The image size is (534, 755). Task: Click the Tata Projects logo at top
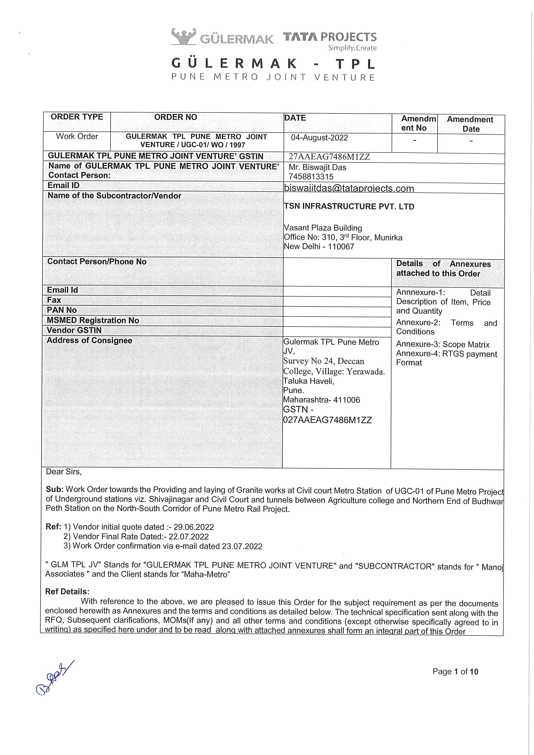(330, 40)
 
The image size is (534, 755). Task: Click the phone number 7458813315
(311, 177)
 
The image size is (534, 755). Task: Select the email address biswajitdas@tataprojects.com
(349, 188)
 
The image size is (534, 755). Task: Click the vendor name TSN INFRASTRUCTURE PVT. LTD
(349, 207)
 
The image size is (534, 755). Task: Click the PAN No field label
(62, 310)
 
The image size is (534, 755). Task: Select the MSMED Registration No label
(93, 320)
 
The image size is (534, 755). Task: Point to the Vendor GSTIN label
(74, 330)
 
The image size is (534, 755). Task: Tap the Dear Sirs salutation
(64, 472)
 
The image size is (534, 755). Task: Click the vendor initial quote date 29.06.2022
(194, 527)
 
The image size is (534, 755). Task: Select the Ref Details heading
(67, 592)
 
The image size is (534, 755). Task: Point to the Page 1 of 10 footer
(455, 671)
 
